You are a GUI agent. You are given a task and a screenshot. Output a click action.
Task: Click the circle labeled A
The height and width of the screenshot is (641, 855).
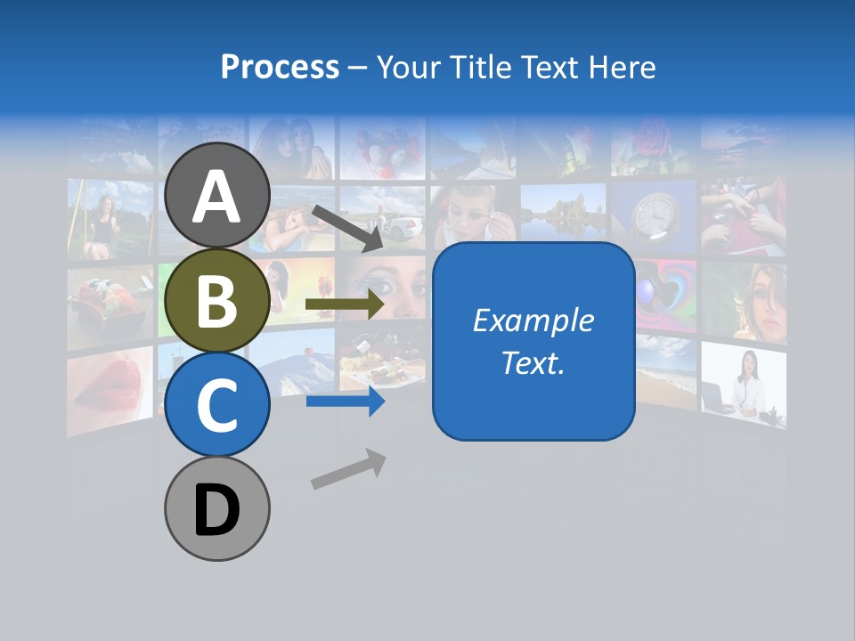[217, 195]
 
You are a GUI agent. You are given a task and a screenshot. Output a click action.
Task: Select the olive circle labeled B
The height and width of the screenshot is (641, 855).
[217, 300]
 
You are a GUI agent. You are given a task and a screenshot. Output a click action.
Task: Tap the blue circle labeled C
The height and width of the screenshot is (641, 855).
[217, 404]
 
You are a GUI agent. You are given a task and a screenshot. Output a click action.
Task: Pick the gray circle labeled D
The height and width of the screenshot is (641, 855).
[217, 508]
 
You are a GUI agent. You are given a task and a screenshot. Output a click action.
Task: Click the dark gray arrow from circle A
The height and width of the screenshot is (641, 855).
[346, 227]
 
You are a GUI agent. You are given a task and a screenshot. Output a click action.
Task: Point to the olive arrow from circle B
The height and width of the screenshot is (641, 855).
[345, 304]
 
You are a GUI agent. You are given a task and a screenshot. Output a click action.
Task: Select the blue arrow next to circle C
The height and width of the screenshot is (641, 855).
[345, 402]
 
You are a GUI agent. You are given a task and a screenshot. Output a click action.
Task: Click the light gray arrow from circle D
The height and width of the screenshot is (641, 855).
[348, 469]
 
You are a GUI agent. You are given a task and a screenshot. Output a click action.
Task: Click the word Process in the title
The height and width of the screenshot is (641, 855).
[280, 67]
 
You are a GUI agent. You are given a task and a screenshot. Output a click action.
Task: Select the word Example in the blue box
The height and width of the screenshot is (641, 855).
[533, 320]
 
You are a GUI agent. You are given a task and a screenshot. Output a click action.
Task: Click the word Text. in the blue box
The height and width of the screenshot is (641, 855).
[533, 362]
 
